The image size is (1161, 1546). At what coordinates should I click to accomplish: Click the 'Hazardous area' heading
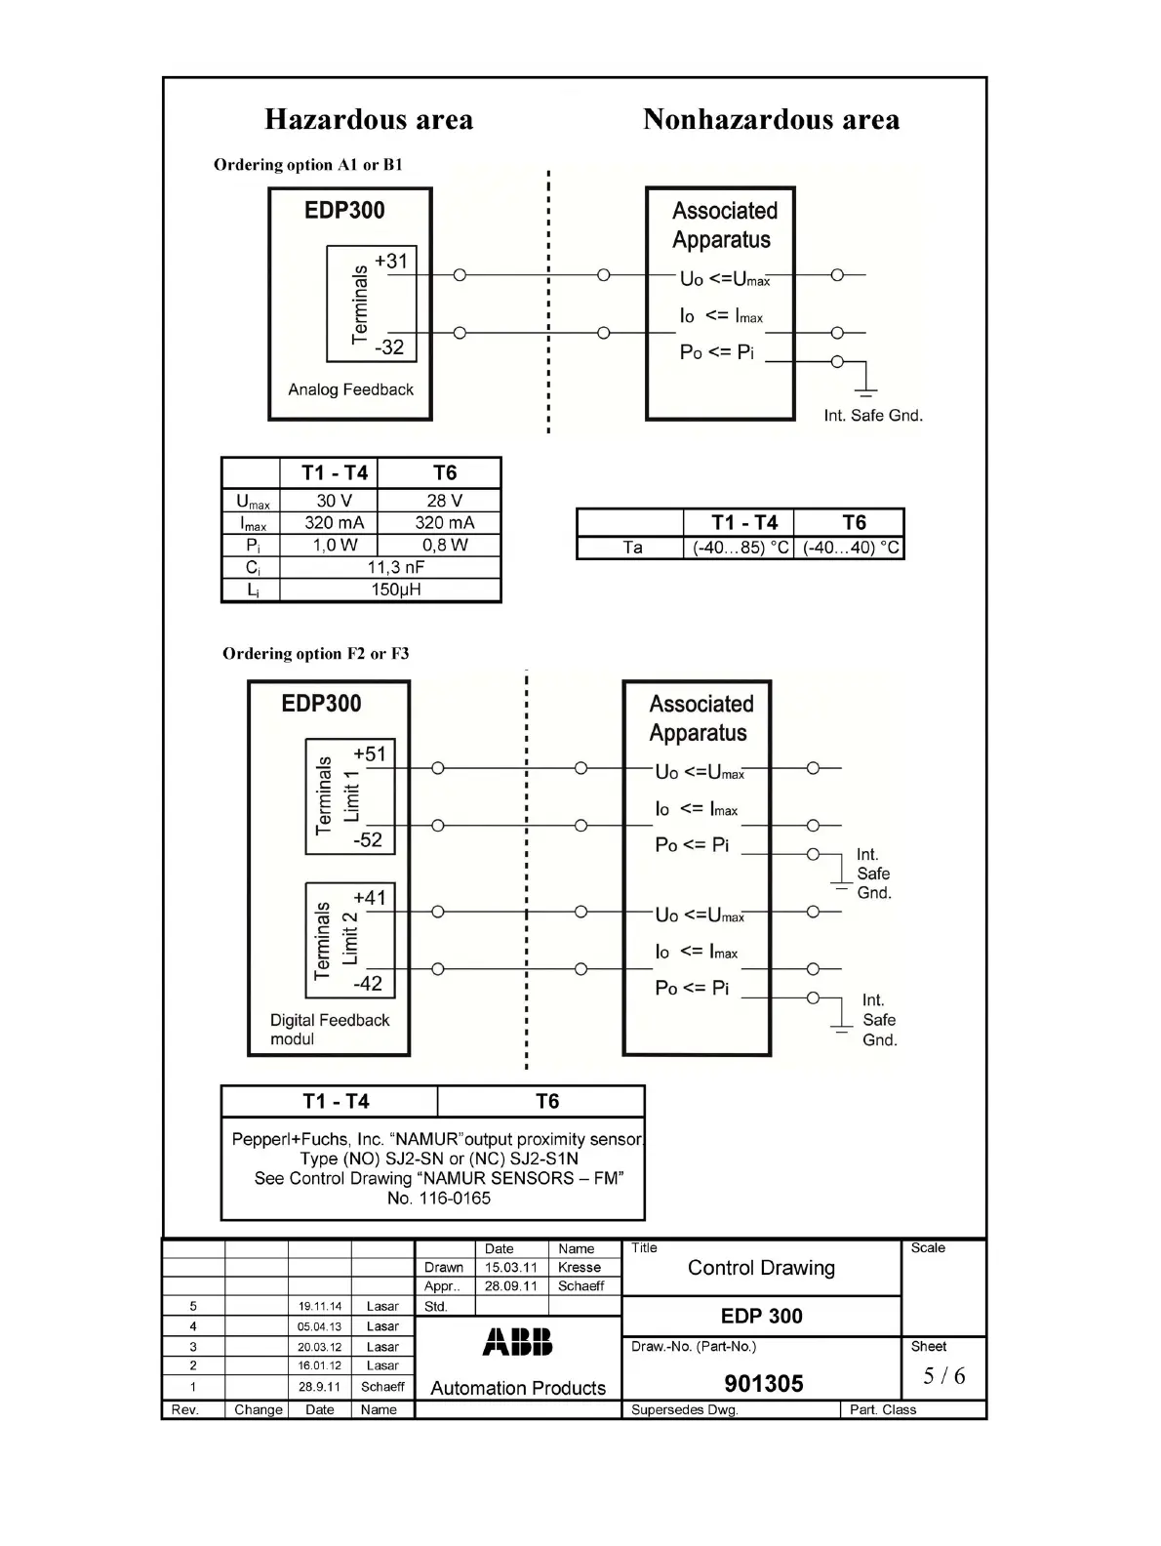point(369,120)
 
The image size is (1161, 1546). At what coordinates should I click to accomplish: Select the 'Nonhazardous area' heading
point(771,120)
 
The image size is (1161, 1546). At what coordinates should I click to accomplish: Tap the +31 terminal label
point(390,261)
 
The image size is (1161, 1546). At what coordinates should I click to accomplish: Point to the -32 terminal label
point(389,346)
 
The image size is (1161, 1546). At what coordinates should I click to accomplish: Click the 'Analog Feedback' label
point(350,389)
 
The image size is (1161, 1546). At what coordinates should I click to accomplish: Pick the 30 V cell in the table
point(334,500)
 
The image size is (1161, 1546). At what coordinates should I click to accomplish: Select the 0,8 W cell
point(444,545)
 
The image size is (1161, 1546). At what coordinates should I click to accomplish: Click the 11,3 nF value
point(395,567)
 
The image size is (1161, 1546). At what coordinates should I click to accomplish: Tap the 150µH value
point(395,590)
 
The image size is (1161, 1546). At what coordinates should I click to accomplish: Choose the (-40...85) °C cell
point(741,548)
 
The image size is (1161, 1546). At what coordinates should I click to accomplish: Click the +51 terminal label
point(370,753)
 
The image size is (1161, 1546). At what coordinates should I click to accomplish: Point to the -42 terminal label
point(368,983)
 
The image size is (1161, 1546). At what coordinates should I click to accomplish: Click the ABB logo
point(517,1342)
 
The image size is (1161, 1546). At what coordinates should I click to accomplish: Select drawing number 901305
point(763,1383)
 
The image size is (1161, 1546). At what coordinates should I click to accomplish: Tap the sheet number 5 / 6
point(943,1375)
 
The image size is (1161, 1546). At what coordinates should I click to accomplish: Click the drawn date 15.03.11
point(510,1267)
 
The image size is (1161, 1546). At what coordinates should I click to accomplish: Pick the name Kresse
point(579,1267)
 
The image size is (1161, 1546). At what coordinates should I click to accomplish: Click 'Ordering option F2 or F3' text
point(315,653)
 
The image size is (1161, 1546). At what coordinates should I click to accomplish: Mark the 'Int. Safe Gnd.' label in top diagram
point(872,415)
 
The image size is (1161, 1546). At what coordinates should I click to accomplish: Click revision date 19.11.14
point(320,1306)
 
